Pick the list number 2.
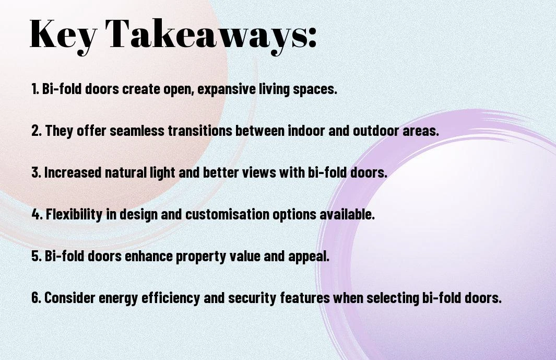click(36, 130)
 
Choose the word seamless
click(137, 130)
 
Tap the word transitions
click(199, 130)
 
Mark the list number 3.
click(36, 172)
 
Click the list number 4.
click(37, 214)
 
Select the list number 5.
click(36, 256)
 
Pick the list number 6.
click(36, 297)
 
